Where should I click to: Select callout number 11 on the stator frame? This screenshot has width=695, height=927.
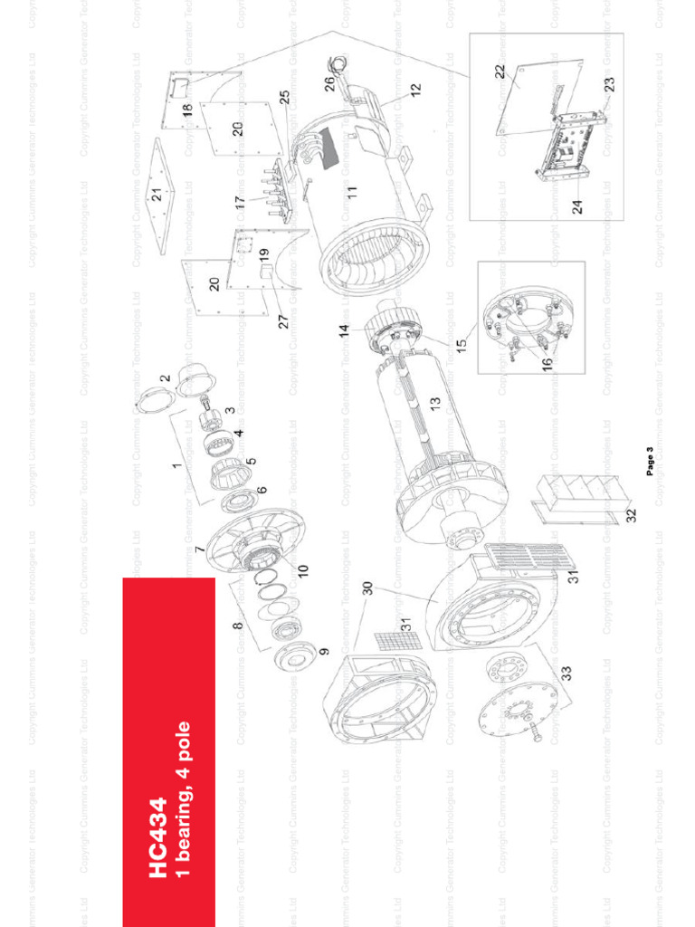tap(351, 192)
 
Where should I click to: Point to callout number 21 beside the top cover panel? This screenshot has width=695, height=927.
tap(157, 194)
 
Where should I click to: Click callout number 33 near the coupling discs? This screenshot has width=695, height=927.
tap(566, 674)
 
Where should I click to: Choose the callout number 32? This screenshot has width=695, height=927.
tap(632, 515)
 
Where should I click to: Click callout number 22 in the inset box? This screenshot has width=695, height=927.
tap(500, 72)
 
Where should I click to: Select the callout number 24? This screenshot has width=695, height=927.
tap(577, 205)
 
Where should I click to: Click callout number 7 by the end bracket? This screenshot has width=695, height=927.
tap(200, 550)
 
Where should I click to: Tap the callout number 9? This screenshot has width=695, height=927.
tap(324, 650)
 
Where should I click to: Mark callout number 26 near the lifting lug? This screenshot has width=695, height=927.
tap(329, 83)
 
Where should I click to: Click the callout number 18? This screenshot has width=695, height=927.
tap(187, 110)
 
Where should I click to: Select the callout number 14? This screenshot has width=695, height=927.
tap(345, 331)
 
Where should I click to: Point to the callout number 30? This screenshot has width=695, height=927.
tap(368, 588)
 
